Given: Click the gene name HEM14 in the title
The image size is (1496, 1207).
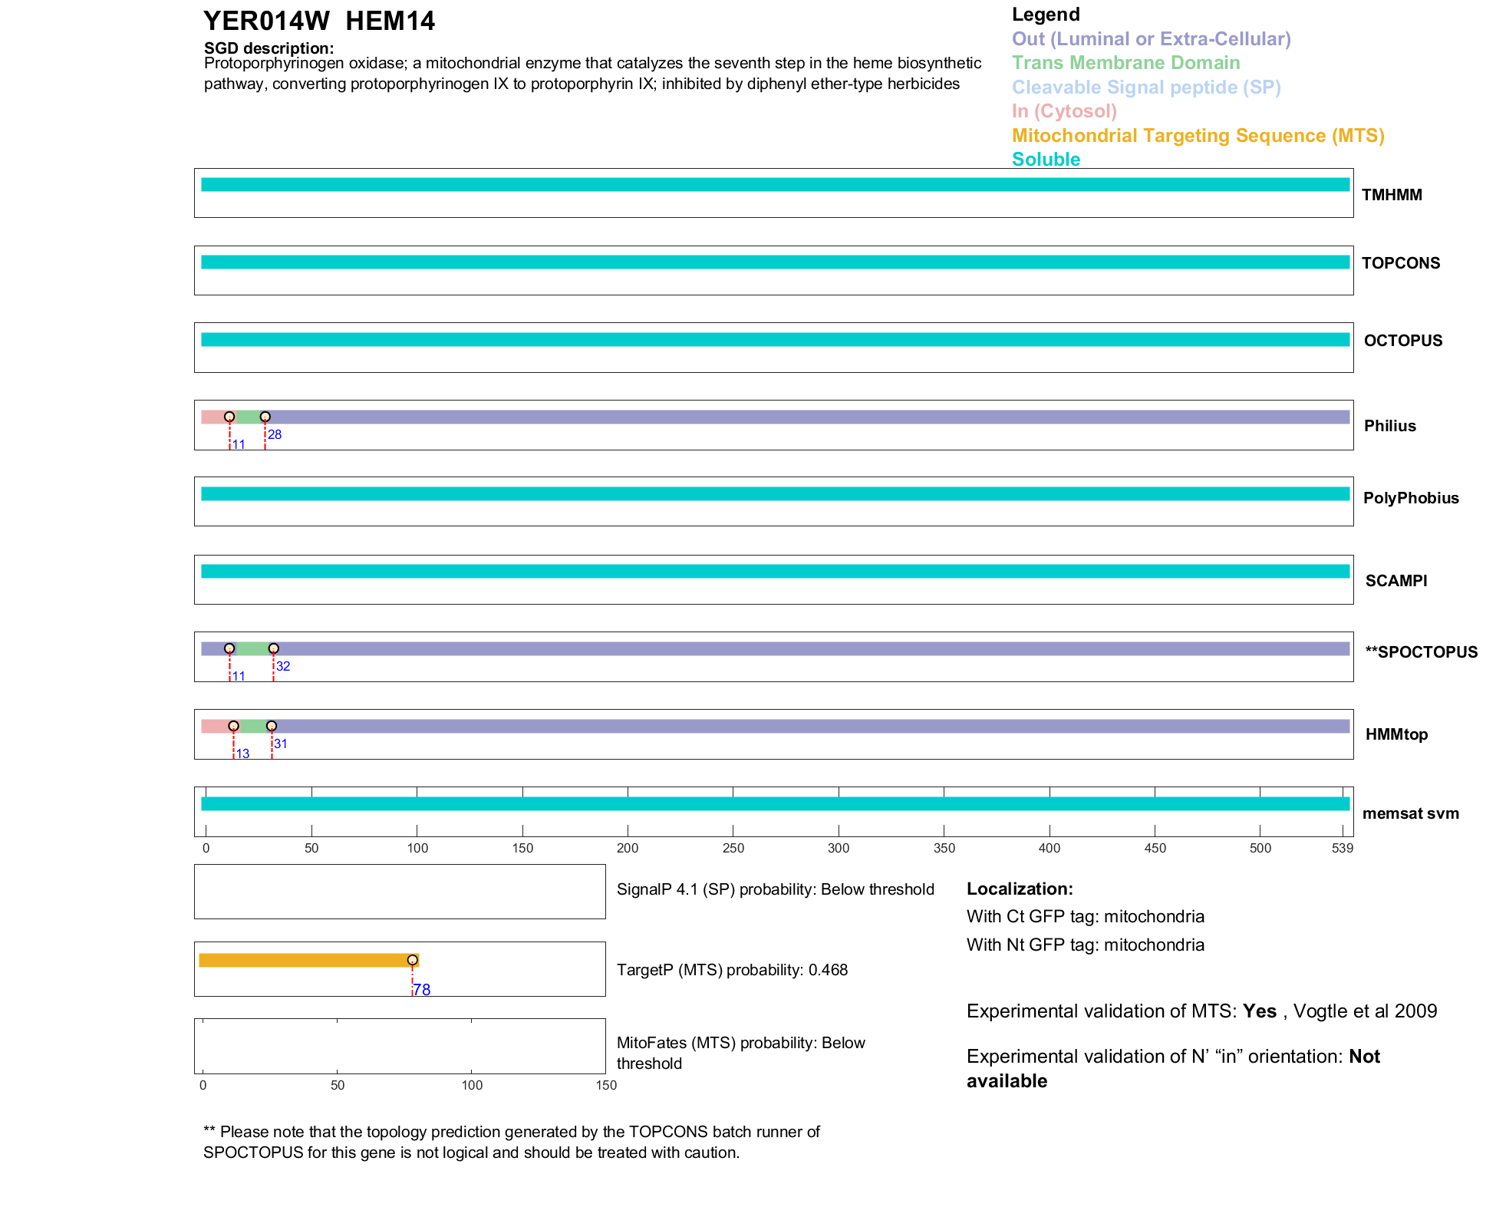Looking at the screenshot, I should [390, 21].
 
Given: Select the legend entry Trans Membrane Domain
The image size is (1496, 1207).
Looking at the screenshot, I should [1125, 63].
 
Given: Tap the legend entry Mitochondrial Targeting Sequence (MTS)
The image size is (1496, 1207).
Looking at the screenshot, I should [1198, 136].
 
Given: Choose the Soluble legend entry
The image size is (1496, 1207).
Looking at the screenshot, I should [1046, 160].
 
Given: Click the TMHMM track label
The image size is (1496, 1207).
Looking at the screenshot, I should [1392, 195].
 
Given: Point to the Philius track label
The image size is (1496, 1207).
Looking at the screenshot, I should [1389, 426].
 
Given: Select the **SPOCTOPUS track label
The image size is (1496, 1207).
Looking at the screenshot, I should [1421, 652].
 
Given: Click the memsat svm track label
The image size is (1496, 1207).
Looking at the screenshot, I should [1410, 813].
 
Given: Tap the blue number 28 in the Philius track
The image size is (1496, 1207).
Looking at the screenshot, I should [275, 435].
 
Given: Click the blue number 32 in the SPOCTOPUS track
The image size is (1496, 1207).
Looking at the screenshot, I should [283, 666].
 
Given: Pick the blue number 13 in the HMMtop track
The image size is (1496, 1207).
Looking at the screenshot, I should [242, 754].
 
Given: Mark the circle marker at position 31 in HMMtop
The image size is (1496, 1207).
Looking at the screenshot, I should [272, 726].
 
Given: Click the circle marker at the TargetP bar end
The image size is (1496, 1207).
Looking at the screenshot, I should [413, 960].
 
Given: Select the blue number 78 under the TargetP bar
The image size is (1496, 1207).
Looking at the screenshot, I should [422, 990].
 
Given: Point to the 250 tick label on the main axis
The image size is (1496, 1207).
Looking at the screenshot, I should [733, 848].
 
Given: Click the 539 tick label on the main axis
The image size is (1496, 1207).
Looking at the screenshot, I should [1343, 848].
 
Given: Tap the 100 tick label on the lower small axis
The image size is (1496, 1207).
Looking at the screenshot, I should [472, 1085].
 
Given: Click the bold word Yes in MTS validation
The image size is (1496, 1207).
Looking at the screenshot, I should [1259, 1011].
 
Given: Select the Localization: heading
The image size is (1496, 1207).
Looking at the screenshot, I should [1020, 889].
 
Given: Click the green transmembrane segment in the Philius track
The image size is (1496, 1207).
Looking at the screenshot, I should [248, 417].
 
